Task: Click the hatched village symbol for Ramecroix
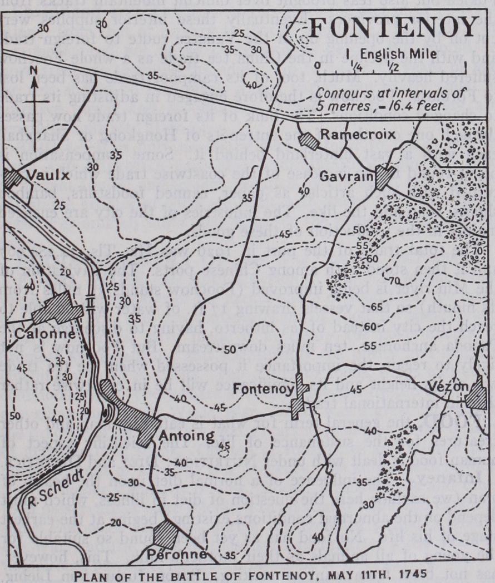309,140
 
